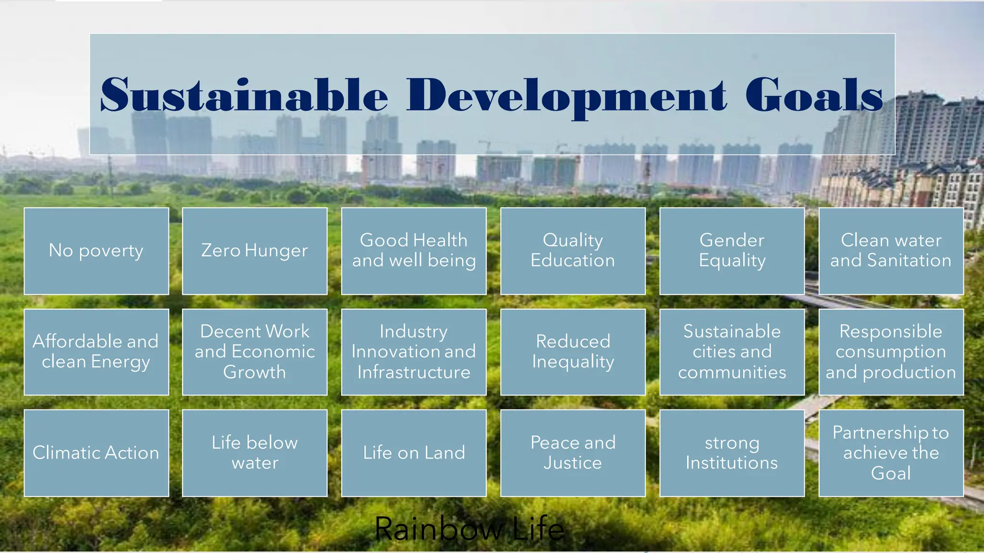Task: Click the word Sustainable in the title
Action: [244, 95]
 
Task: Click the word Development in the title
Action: [567, 96]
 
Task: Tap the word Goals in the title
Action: [814, 95]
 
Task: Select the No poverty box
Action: [96, 251]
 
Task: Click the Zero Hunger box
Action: [255, 251]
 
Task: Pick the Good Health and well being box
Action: [414, 251]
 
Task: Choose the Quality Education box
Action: [573, 251]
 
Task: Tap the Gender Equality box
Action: [732, 251]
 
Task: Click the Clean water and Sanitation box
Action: [891, 251]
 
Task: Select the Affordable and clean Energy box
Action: [96, 352]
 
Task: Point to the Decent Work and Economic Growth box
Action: [255, 352]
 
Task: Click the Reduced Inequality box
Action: [573, 352]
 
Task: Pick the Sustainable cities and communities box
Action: [732, 352]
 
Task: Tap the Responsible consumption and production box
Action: [891, 352]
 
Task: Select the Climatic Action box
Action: [96, 453]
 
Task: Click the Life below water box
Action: [255, 453]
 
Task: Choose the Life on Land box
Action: [414, 453]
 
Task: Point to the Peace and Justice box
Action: [573, 453]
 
